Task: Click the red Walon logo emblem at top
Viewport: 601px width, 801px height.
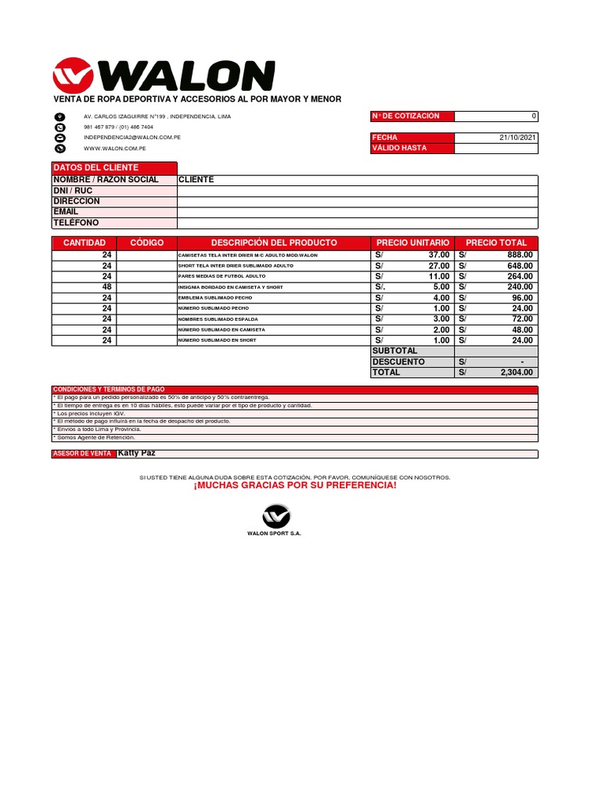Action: click(x=72, y=75)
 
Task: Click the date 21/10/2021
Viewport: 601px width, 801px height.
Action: click(x=517, y=138)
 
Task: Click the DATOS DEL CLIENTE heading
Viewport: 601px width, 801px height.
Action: click(x=95, y=168)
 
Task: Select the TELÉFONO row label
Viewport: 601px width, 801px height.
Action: click(x=76, y=223)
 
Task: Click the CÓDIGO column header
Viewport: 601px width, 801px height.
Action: click(x=147, y=243)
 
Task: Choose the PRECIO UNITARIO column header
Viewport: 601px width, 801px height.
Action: click(x=412, y=243)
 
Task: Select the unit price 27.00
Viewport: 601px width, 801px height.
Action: click(x=438, y=266)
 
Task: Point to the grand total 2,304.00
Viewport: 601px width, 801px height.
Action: click(x=516, y=373)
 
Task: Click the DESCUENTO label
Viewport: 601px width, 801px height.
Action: click(x=398, y=362)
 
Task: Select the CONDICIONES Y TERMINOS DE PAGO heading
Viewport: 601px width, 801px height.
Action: click(x=108, y=390)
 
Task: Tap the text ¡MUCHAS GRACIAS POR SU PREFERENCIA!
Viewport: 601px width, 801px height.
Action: click(x=295, y=486)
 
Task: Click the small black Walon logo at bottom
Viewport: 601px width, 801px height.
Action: click(x=275, y=516)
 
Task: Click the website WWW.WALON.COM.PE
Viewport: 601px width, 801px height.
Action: click(x=114, y=148)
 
